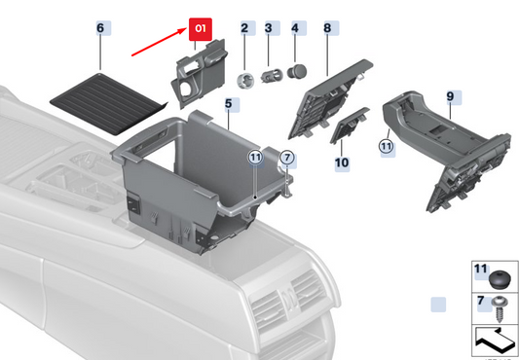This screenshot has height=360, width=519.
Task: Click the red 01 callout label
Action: click(201, 30)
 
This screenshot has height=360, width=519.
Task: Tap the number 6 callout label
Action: click(99, 29)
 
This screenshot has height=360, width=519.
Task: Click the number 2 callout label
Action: click(245, 29)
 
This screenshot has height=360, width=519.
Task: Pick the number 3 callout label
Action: click(269, 29)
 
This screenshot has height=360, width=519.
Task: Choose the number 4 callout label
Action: click(295, 29)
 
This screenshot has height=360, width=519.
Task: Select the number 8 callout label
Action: click(326, 29)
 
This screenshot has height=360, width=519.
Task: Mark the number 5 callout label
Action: click(227, 102)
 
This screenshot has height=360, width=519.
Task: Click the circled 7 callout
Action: click(286, 157)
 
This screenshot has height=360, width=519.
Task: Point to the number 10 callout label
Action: click(342, 162)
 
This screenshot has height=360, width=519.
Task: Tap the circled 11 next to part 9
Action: click(387, 147)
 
